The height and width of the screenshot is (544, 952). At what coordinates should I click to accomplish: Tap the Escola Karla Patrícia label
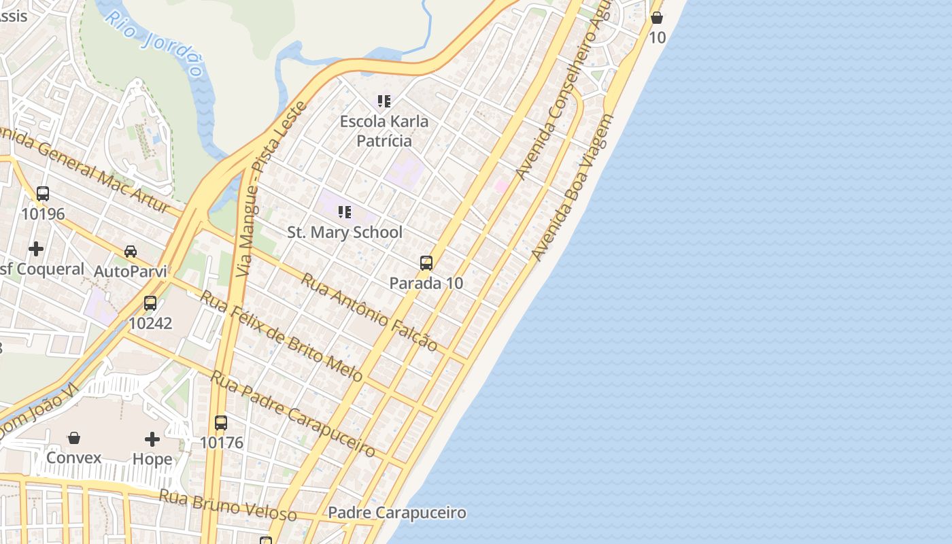tap(384, 131)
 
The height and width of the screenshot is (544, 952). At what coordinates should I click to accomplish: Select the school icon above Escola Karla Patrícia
tap(384, 101)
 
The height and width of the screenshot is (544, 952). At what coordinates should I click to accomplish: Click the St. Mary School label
tap(345, 233)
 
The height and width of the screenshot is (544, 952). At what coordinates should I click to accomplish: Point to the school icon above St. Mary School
tap(345, 212)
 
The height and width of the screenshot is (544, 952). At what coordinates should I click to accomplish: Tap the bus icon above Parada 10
tap(426, 263)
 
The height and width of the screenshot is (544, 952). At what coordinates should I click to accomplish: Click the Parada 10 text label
tap(426, 283)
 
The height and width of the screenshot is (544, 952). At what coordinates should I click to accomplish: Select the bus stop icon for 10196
tap(43, 194)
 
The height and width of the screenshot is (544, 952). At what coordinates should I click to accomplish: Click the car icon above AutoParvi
tap(131, 252)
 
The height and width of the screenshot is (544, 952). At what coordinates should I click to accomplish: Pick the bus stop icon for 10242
tap(150, 303)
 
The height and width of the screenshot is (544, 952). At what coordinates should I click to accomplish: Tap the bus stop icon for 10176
tap(221, 422)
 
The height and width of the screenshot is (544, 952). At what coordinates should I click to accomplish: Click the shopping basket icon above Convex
tap(74, 438)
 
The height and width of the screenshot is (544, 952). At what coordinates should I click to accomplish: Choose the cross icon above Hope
tap(152, 439)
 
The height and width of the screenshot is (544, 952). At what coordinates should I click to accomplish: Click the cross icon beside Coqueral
tap(36, 249)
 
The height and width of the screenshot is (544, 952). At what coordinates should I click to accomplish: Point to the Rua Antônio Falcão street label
tap(369, 312)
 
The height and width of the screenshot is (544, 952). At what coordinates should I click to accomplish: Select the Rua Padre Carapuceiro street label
tap(292, 413)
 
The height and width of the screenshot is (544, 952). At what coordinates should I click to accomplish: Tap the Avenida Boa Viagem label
tap(572, 188)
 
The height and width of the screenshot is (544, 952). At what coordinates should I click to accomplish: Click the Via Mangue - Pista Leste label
tap(270, 189)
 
